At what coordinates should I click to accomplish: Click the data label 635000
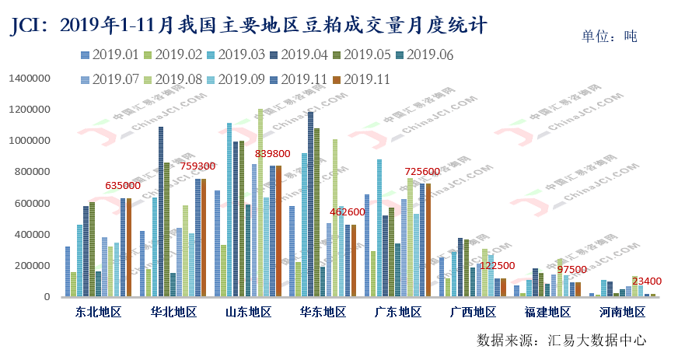point(123,186)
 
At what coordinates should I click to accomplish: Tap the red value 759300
point(197,166)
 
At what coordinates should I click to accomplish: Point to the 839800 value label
point(273,154)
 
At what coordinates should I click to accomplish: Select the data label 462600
point(348,211)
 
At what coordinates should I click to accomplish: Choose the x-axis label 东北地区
point(99,312)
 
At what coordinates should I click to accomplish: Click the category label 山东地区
point(248,312)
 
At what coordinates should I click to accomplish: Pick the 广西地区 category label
point(473,312)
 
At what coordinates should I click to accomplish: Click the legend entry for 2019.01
point(110,54)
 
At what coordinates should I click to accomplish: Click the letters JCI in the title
point(25,26)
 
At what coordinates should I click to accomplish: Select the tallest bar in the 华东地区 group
point(310,204)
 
